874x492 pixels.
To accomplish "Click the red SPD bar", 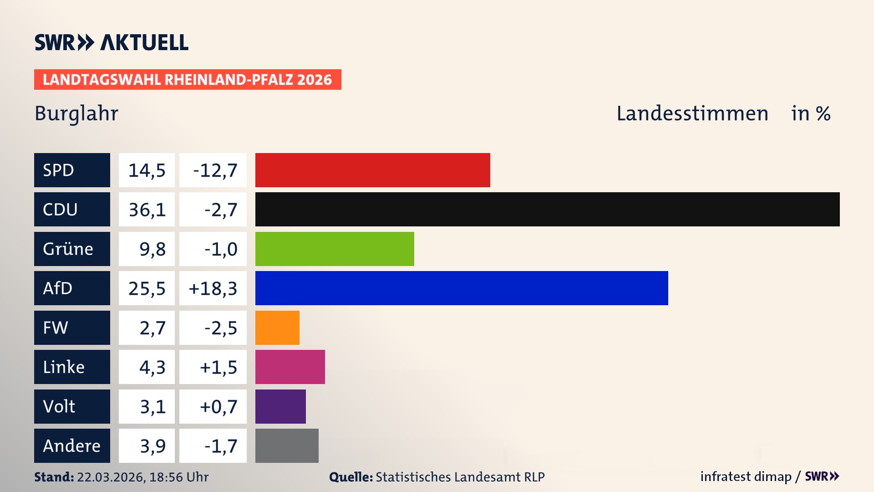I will click(372, 170).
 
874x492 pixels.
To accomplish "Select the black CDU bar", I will click(547, 210).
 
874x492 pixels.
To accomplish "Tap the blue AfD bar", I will click(462, 288).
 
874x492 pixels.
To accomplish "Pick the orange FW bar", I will click(277, 328).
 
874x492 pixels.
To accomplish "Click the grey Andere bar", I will click(287, 446).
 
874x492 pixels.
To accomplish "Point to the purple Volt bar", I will click(280, 406).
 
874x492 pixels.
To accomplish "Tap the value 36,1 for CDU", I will click(147, 210).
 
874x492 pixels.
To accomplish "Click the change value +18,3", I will click(213, 288).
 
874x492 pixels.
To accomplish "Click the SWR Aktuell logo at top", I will click(112, 42).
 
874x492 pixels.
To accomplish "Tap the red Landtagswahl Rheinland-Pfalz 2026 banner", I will click(188, 80).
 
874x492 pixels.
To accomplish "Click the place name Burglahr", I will click(76, 113).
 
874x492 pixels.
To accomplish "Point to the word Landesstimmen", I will click(692, 113).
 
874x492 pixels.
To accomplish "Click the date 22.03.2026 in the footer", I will click(110, 477).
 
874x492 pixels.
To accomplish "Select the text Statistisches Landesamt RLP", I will click(460, 477).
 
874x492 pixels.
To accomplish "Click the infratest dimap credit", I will click(746, 477).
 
